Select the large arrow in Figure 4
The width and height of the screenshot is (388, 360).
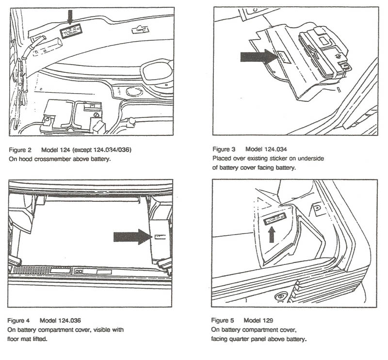pyautogui.click(x=132, y=236)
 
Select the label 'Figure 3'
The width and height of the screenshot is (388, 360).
pyautogui.click(x=224, y=149)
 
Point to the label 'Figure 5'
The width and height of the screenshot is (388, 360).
pyautogui.click(x=223, y=321)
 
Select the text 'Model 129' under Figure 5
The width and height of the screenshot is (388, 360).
pyautogui.click(x=259, y=321)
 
